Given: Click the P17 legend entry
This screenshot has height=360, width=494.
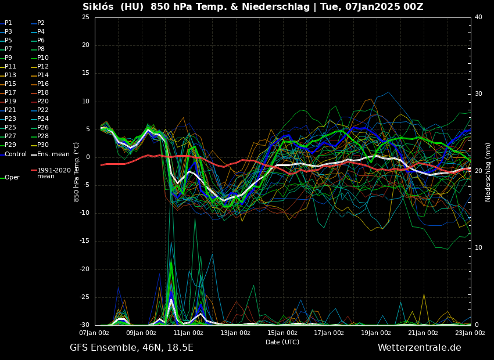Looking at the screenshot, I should click(x=10, y=93).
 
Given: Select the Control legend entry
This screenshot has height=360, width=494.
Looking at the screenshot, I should click(x=16, y=154).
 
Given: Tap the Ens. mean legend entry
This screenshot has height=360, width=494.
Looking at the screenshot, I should click(x=53, y=154).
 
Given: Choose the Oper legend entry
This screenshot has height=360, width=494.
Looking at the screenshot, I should click(x=12, y=178).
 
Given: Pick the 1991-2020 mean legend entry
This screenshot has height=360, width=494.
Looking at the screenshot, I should click(x=53, y=173).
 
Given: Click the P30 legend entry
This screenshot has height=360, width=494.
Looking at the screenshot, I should click(x=43, y=145).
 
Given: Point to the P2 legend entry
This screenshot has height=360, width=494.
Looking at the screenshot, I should click(x=41, y=23).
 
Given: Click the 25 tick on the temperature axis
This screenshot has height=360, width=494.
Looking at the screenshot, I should click(x=85, y=17).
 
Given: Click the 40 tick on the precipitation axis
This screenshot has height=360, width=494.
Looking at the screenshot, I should click(x=478, y=17).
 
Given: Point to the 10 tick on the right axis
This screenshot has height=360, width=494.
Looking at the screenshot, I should click(x=478, y=248).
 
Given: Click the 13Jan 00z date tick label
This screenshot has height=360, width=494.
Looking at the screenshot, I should click(x=235, y=333).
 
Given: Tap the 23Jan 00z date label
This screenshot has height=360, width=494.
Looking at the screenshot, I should click(x=470, y=333).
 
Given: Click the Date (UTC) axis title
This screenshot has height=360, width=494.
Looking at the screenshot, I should click(x=282, y=342).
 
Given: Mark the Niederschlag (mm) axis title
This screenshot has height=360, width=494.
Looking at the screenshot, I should click(x=488, y=172).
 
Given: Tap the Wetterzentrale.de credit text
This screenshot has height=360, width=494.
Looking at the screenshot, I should click(x=419, y=348).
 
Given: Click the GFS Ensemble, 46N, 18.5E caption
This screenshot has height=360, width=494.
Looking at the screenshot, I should click(x=131, y=348).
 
